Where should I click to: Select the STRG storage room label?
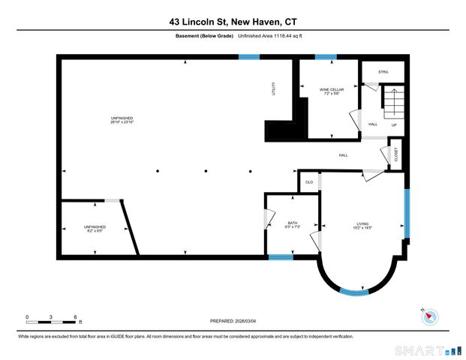click(x=383, y=72)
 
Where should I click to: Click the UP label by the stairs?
click(x=394, y=124)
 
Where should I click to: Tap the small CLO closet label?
click(x=308, y=182)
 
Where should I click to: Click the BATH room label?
click(x=293, y=223)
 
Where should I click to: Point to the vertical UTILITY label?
click(x=274, y=89)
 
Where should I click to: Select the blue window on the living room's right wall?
click(x=407, y=211)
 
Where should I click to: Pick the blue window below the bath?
click(x=281, y=257)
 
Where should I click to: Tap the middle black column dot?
click(x=206, y=171)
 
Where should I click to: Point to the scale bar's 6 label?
click(x=75, y=316)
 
